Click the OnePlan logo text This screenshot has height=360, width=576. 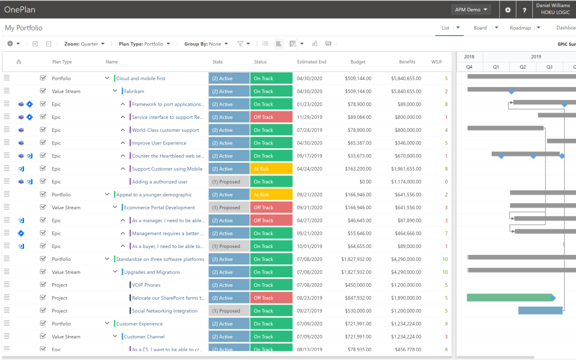[x=19, y=10]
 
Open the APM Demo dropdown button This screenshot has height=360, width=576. [x=471, y=10]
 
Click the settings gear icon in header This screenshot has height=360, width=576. [x=508, y=10]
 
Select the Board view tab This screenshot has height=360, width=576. [x=480, y=28]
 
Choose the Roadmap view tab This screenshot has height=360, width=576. [x=520, y=28]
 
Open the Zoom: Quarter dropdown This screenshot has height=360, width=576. [x=84, y=44]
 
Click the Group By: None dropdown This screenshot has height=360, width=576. [x=206, y=44]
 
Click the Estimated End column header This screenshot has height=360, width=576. [x=311, y=62]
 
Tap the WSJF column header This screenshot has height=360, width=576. [x=437, y=62]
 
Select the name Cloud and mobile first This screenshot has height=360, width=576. [x=141, y=78]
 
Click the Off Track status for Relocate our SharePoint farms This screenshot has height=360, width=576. [x=271, y=298]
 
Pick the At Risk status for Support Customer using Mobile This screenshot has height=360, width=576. [x=271, y=169]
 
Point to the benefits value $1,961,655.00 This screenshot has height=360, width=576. [x=406, y=169]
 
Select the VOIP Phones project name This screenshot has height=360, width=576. [x=146, y=285]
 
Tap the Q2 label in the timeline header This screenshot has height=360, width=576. [x=523, y=67]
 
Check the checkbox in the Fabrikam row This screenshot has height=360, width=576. [x=43, y=91]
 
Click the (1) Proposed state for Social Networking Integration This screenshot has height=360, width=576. [x=229, y=311]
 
